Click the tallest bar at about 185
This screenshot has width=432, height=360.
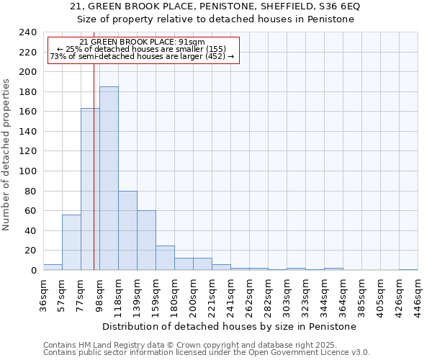(x=109, y=179)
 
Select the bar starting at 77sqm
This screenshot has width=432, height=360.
(x=90, y=189)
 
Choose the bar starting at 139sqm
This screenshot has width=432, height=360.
(x=146, y=240)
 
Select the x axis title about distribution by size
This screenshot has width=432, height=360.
(x=230, y=326)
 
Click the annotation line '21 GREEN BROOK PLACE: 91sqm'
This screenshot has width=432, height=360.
(x=143, y=42)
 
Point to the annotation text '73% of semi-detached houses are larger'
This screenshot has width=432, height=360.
(x=142, y=57)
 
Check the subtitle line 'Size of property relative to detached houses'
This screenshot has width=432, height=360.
(x=215, y=19)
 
